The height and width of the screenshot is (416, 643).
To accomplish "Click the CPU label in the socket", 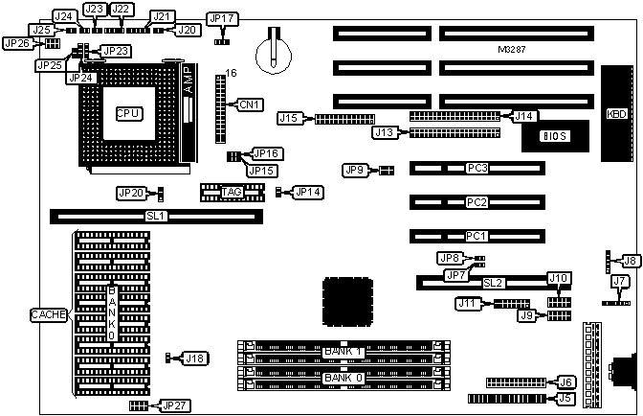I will point(128,113).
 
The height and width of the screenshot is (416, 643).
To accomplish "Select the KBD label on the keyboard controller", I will point(617,114).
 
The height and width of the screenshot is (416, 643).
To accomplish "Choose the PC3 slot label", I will point(477,168).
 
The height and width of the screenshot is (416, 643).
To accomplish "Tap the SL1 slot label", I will point(157,217).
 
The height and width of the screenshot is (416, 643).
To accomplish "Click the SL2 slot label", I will point(493,283).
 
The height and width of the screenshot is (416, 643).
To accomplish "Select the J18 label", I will point(193,358).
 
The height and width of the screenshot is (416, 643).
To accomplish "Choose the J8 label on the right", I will point(629,260).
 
